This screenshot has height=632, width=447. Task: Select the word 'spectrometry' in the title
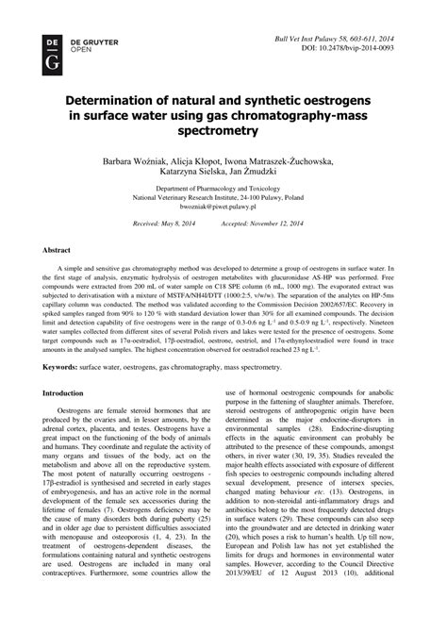(223, 136)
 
